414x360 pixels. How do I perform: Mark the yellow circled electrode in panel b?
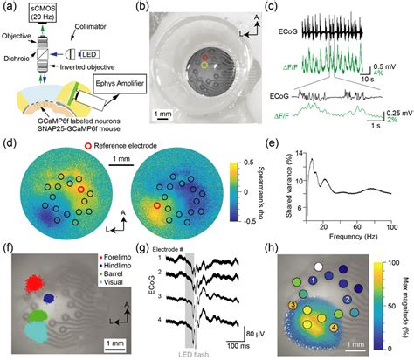click(204, 65)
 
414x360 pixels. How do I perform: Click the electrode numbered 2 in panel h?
click(348, 299)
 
